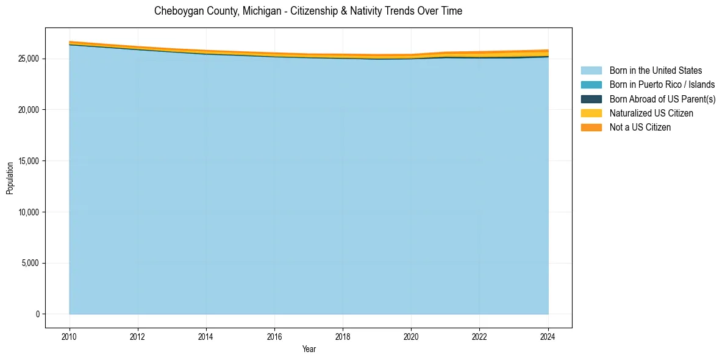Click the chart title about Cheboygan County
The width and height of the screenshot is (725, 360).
pyautogui.click(x=308, y=11)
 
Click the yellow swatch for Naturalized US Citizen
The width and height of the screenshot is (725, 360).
pyautogui.click(x=591, y=113)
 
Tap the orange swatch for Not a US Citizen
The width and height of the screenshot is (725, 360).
pyautogui.click(x=591, y=128)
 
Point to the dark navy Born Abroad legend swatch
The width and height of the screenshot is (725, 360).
pyautogui.click(x=591, y=99)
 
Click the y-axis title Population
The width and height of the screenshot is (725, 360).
pyautogui.click(x=10, y=178)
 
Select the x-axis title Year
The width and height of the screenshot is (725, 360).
pyautogui.click(x=309, y=349)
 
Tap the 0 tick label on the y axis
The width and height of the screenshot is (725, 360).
pyautogui.click(x=37, y=314)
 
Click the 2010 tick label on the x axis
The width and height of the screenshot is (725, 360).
pyautogui.click(x=70, y=336)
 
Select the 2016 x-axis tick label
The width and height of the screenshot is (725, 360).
pyautogui.click(x=274, y=336)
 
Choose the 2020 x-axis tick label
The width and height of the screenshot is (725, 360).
pyautogui.click(x=411, y=336)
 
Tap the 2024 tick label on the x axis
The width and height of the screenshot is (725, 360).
pyautogui.click(x=548, y=336)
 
